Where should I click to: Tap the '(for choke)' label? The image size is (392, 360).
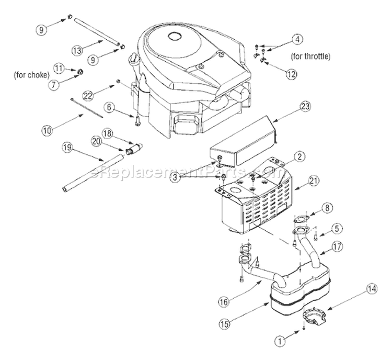[32, 74]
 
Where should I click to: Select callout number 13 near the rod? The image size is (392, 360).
[77, 50]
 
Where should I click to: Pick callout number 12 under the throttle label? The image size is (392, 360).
[291, 74]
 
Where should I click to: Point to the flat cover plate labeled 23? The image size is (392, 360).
[246, 141]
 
